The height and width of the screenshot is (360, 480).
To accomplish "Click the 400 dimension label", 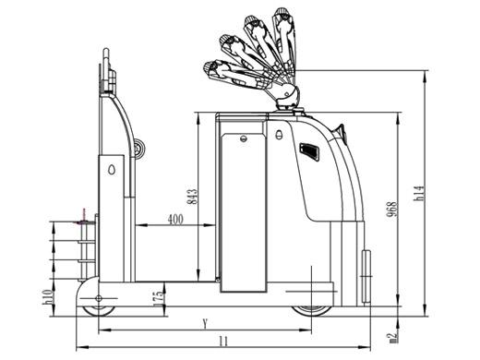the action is (175, 220).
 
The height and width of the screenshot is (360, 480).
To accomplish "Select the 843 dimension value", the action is (192, 197).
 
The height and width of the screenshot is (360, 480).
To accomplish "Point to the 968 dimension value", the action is (391, 210).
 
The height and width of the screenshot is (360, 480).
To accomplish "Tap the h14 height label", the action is (419, 193).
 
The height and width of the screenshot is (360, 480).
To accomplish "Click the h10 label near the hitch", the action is (48, 297).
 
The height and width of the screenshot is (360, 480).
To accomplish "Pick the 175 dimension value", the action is (158, 298).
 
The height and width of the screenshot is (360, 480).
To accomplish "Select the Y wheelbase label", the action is (205, 324).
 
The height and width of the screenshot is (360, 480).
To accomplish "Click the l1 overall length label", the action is (223, 342).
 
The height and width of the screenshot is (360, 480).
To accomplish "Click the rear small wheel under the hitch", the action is (99, 310).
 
